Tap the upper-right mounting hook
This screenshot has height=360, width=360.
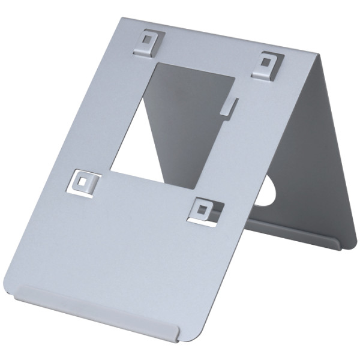click(x=268, y=65)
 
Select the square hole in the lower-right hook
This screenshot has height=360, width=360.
click(x=203, y=209)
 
